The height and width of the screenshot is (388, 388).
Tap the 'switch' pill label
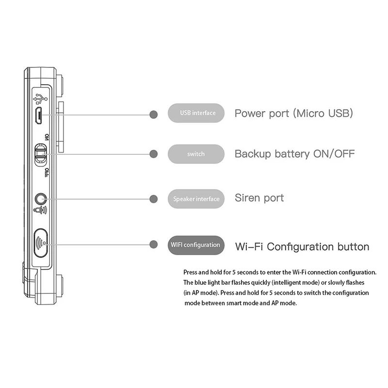[196, 154]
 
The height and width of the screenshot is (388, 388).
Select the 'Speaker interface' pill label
[196, 199]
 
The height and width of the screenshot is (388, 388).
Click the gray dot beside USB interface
[154, 114]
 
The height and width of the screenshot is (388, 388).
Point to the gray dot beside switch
[154, 154]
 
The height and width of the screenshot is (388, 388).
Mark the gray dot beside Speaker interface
[154, 199]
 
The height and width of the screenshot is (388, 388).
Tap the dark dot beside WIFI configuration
[154, 244]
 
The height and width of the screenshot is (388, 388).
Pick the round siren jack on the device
[41, 199]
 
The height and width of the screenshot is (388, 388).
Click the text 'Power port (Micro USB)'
[293, 113]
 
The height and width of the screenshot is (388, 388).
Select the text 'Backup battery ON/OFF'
[294, 154]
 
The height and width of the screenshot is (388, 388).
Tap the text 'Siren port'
[259, 198]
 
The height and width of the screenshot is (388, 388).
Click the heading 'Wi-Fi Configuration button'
[302, 246]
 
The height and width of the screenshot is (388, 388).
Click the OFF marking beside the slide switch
[47, 172]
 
